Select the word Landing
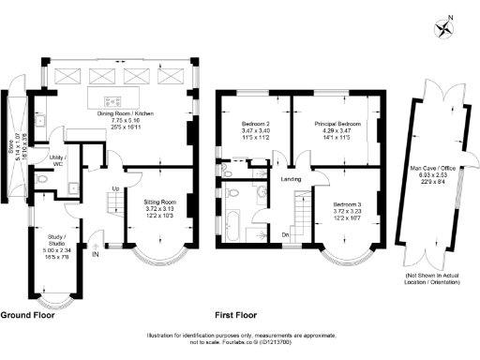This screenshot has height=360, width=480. coord(290,178)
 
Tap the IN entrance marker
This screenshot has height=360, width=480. coord(95,252)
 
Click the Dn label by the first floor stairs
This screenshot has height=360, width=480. coord(285,234)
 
